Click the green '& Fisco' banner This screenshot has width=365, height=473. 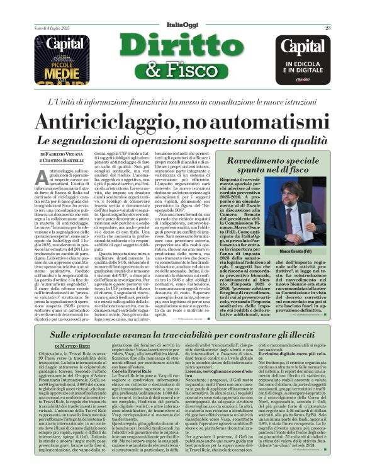[182, 71]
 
